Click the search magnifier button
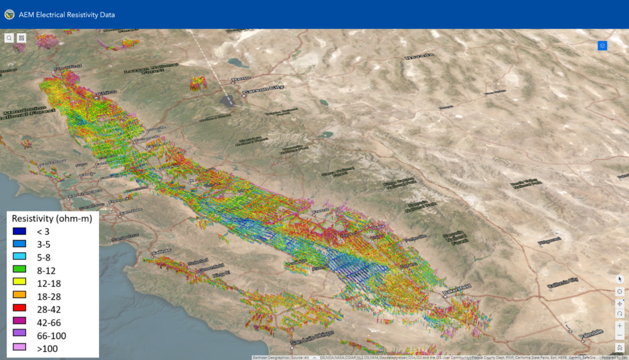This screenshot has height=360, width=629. (9, 38)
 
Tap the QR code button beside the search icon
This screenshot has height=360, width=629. (21, 38)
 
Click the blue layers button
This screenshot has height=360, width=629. (602, 45)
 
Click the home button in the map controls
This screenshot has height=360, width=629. (620, 348)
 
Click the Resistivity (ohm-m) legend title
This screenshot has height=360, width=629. (52, 218)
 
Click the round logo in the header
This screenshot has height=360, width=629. (9, 14)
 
